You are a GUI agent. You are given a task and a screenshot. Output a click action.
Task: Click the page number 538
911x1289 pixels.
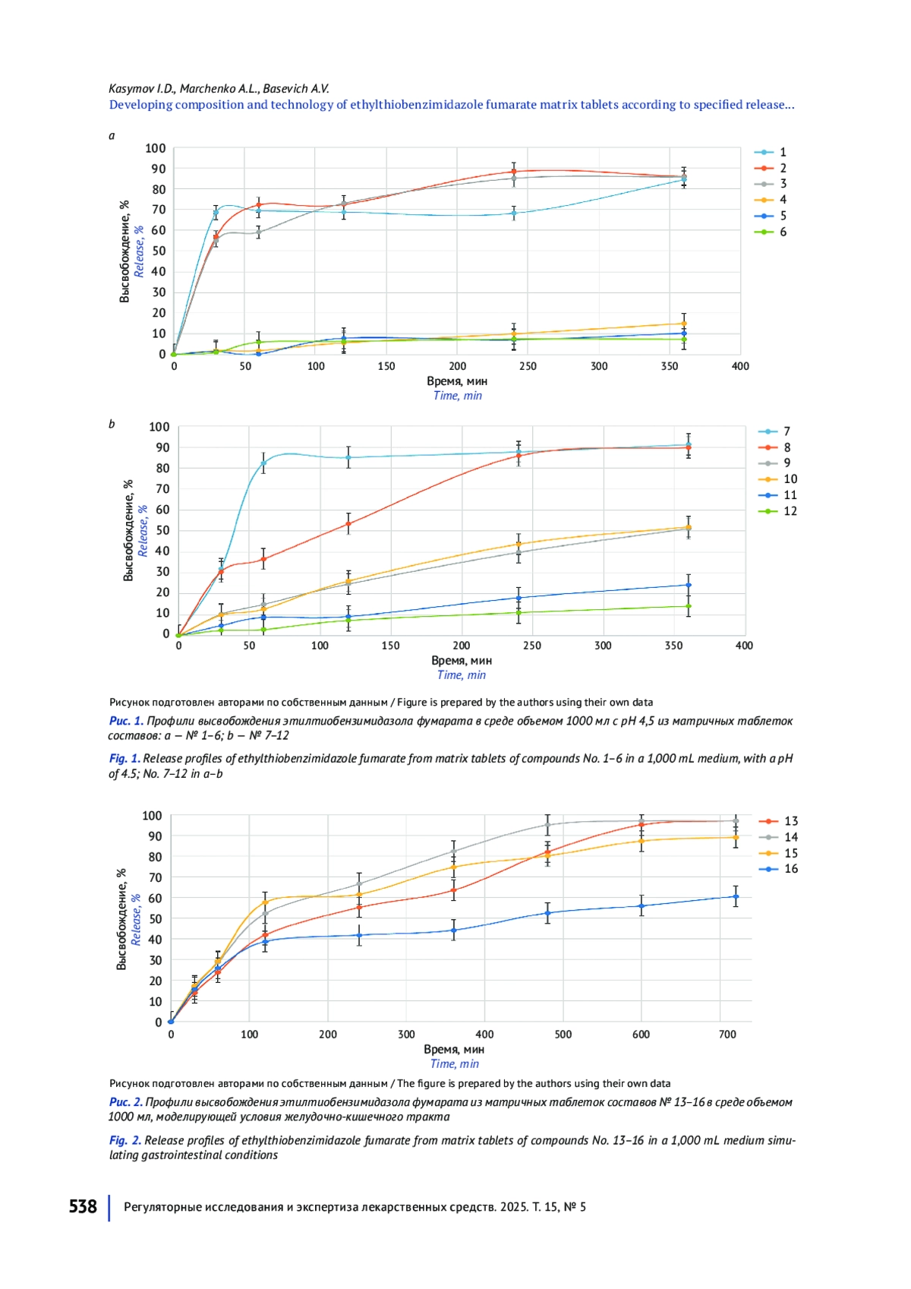tap(83, 1206)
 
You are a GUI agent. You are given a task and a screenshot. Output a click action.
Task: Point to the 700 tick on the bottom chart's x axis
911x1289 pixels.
tap(727, 1035)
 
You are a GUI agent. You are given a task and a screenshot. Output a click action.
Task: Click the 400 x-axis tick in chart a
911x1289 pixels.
tap(740, 366)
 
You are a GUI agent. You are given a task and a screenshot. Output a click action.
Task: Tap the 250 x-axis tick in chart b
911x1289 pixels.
tap(532, 646)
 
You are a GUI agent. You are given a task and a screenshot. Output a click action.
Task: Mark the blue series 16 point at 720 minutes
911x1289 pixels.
tap(736, 896)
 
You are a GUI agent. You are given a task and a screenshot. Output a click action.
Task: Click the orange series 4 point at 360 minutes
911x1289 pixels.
tap(684, 324)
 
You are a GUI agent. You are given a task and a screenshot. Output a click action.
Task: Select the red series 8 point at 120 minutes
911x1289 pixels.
tap(348, 523)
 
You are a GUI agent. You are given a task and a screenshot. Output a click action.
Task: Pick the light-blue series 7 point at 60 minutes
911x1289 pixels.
tap(263, 463)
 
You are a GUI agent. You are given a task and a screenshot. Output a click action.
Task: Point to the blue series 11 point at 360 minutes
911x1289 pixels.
tap(689, 585)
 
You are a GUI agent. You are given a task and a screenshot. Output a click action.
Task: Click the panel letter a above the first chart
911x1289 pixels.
tap(112, 136)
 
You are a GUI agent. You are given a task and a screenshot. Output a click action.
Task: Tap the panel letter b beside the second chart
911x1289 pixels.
tap(112, 424)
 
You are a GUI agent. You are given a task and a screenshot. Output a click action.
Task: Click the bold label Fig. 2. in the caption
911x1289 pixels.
tap(125, 1140)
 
